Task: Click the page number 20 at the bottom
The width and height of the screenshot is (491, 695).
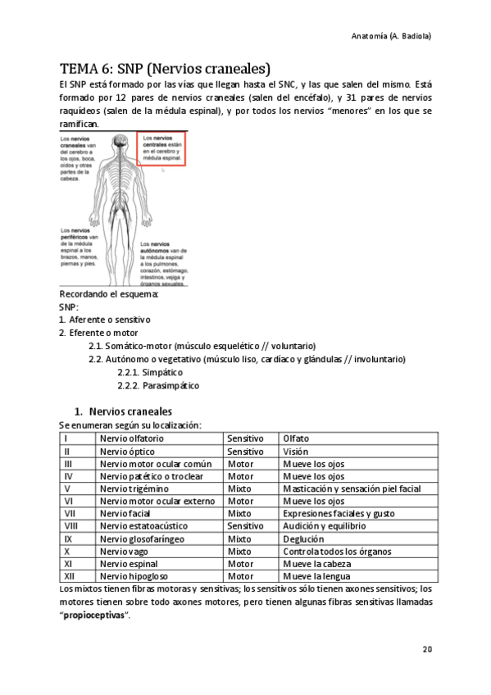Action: coord(427,650)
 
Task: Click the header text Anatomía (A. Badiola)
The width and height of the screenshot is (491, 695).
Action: coord(391,37)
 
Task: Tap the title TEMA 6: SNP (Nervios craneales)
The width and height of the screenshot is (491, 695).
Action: coord(166,68)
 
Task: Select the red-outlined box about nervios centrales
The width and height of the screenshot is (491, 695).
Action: coord(162,150)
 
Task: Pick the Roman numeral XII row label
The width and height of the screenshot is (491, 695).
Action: coord(70,577)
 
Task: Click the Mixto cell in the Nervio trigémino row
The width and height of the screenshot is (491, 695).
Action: coord(240,488)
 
